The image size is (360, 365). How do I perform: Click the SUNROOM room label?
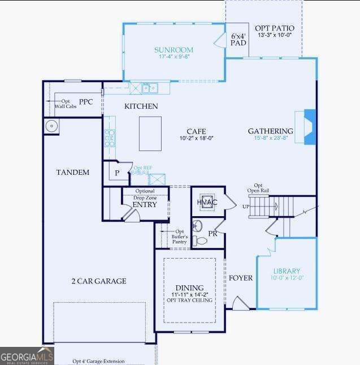pos(174,50)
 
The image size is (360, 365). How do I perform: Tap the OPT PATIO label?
pos(275,28)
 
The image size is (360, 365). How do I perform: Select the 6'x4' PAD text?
pos(238,39)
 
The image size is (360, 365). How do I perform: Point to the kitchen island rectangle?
pos(150,134)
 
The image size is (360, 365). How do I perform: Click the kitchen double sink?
pos(150,88)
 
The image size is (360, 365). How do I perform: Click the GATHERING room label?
pos(270,131)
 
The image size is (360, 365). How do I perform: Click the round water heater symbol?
pos(51,126)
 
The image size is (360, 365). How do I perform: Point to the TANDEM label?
pos(72,172)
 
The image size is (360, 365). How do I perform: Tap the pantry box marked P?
pos(117,173)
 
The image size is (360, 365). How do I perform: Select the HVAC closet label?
pos(207,202)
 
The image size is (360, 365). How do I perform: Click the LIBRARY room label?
pos(287,271)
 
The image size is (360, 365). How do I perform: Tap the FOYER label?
pos(241,278)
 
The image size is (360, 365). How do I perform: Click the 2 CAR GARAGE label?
pos(99,281)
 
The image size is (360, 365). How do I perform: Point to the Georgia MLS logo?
pos(27,357)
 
